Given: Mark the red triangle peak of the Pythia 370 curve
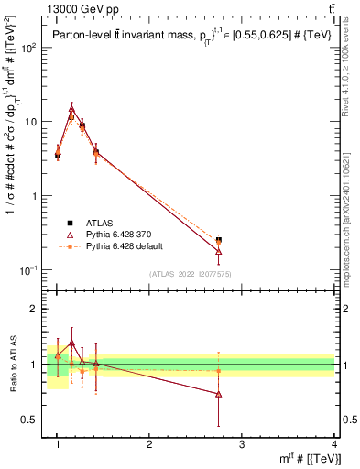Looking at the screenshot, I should click(71, 108).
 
